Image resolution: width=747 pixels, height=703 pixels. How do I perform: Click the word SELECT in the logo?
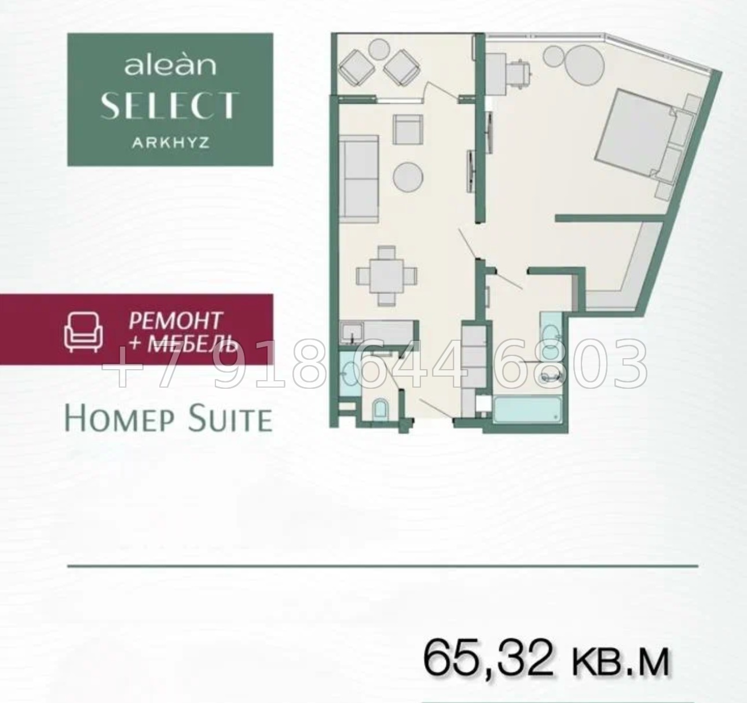pos(170,105)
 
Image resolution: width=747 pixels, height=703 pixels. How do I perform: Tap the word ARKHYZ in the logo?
pos(171,143)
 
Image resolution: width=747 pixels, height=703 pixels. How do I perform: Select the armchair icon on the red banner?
pos(83,332)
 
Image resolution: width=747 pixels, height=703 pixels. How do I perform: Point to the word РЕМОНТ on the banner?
pos(175,321)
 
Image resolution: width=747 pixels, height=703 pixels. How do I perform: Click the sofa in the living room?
pos(359,179)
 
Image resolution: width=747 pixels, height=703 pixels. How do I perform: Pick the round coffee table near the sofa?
pos(408,177)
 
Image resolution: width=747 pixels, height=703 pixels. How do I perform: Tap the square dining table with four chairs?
pos(386,276)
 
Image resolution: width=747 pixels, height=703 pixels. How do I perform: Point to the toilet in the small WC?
pos(380,408)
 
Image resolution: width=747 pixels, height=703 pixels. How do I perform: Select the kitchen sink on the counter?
pos(352,334)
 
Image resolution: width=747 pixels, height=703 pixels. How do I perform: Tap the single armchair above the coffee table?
pos(408,130)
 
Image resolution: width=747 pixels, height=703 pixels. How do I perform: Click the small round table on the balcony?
pos(378,49)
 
